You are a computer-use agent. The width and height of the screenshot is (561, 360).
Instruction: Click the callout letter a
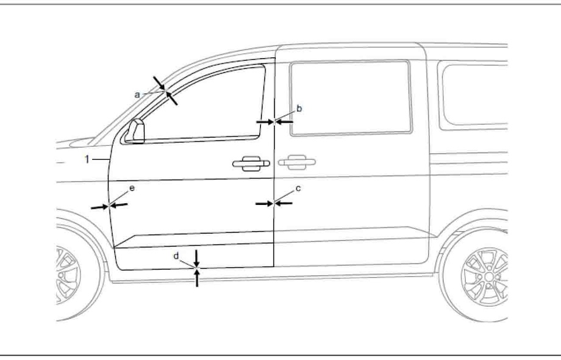pyautogui.click(x=137, y=95)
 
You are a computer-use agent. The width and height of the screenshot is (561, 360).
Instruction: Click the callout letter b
pyautogui.click(x=299, y=109)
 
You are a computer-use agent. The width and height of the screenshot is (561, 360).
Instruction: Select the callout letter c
pyautogui.click(x=298, y=189)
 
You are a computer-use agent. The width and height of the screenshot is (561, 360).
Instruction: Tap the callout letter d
pyautogui.click(x=176, y=256)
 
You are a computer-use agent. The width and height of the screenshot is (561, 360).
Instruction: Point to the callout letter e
pyautogui.click(x=132, y=188)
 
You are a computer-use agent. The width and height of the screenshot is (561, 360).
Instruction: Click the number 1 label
pyautogui.click(x=87, y=159)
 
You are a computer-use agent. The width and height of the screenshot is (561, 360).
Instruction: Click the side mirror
pyautogui.click(x=135, y=131)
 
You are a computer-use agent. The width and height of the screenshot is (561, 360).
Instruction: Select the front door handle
pyautogui.click(x=251, y=164)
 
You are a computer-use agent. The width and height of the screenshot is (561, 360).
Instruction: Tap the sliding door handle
pyautogui.click(x=296, y=162)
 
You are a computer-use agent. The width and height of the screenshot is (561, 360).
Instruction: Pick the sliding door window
pyautogui.click(x=351, y=98)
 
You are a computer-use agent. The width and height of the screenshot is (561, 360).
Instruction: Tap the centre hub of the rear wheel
pyautogui.click(x=488, y=276)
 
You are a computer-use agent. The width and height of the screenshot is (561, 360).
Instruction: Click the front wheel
pyautogui.click(x=77, y=275)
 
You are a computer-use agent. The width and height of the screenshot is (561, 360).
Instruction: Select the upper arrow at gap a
pyautogui.click(x=159, y=83)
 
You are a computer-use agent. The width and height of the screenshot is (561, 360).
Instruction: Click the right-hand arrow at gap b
pyautogui.click(x=284, y=122)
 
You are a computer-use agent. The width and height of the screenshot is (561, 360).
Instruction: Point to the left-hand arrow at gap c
pyautogui.click(x=265, y=204)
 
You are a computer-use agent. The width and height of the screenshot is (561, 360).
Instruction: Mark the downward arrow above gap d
pyautogui.click(x=196, y=258)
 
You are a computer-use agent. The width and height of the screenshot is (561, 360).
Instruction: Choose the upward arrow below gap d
pyautogui.click(x=197, y=278)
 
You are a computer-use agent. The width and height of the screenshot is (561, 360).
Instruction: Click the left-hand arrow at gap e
pyautogui.click(x=100, y=207)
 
